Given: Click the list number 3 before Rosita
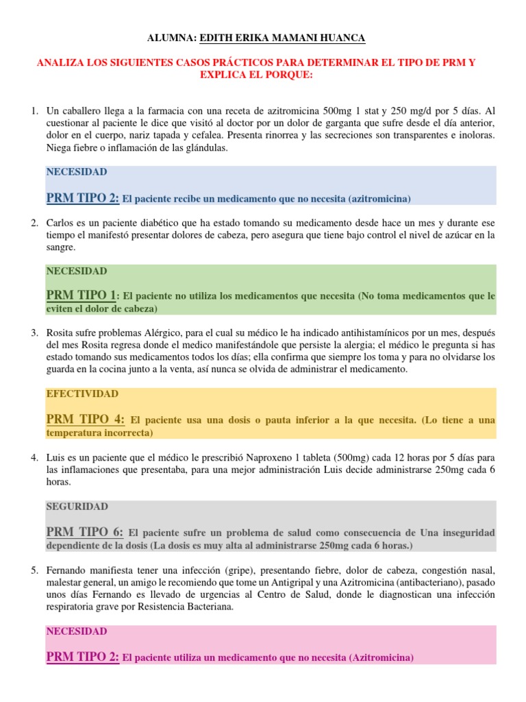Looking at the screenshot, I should tap(34, 333).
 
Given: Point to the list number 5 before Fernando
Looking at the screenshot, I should tap(34, 570).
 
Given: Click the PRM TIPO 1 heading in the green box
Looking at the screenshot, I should tap(81, 295).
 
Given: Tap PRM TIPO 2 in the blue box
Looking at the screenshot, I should tap(83, 199).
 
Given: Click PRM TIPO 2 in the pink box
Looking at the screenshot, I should tap(83, 657).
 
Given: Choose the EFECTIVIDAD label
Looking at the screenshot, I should tap(82, 394).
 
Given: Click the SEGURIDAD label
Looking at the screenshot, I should tap(77, 507).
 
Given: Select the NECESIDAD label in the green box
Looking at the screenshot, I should tap(77, 271).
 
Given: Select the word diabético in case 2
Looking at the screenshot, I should tap(147, 223).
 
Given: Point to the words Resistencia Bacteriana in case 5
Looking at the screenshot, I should tap(164, 607).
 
